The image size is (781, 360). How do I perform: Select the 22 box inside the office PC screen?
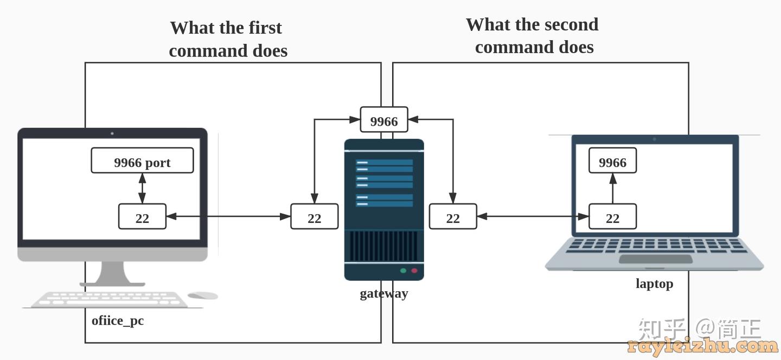click(142, 217)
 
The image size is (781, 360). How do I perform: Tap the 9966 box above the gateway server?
click(384, 120)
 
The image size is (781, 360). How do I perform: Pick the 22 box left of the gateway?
click(315, 217)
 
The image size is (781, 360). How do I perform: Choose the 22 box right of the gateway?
click(453, 217)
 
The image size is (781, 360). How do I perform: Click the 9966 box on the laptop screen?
click(612, 162)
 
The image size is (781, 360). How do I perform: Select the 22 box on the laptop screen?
click(612, 217)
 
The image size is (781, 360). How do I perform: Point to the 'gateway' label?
click(384, 293)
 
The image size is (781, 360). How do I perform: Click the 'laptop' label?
click(654, 284)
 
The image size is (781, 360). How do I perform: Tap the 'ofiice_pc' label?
click(118, 320)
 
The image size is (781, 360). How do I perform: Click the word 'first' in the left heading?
click(265, 28)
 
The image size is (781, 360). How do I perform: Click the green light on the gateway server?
click(403, 271)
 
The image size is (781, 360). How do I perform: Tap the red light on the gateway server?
click(414, 271)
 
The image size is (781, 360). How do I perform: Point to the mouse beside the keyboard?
click(203, 295)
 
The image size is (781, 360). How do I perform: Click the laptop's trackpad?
click(655, 259)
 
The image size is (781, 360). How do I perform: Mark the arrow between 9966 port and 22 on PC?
click(142, 189)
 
